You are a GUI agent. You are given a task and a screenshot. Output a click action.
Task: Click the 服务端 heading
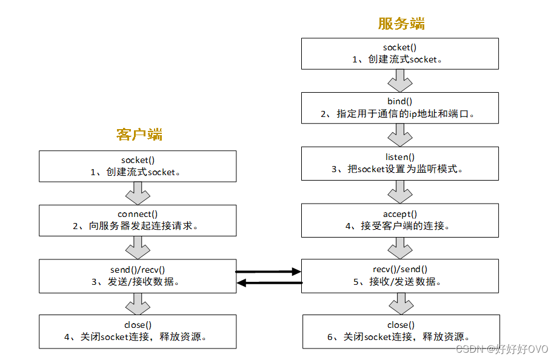click(x=401, y=24)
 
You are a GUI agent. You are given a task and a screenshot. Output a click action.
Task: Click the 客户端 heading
click(x=139, y=134)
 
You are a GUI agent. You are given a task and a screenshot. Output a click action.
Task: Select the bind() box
click(x=400, y=107)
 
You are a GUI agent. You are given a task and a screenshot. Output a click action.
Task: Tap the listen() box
click(x=400, y=163)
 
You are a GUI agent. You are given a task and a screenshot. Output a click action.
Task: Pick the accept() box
click(x=400, y=220)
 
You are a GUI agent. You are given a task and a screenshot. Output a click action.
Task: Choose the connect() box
click(x=138, y=220)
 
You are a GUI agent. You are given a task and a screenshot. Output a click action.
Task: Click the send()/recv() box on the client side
click(x=138, y=276)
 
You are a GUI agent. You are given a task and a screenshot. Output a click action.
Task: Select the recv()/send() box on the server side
click(x=400, y=276)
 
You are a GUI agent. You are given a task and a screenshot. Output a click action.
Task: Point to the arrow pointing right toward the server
click(x=268, y=272)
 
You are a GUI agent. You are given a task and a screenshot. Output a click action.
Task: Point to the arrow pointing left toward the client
click(x=268, y=282)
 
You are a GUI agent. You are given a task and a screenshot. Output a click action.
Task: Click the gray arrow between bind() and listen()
click(x=400, y=135)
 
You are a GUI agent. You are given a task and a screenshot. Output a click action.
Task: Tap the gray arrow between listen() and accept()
click(x=400, y=191)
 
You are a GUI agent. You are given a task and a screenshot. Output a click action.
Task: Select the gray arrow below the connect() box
click(x=138, y=247)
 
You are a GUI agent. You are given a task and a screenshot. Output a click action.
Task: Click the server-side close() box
click(x=400, y=331)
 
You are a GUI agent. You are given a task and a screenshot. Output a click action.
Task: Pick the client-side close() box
click(x=138, y=331)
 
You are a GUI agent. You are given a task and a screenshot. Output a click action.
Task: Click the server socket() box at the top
click(x=400, y=53)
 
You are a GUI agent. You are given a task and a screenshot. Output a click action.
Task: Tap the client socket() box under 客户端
click(x=138, y=165)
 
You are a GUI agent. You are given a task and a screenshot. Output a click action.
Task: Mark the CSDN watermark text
click(x=502, y=349)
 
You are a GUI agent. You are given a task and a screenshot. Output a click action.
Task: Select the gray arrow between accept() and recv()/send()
click(x=400, y=247)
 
